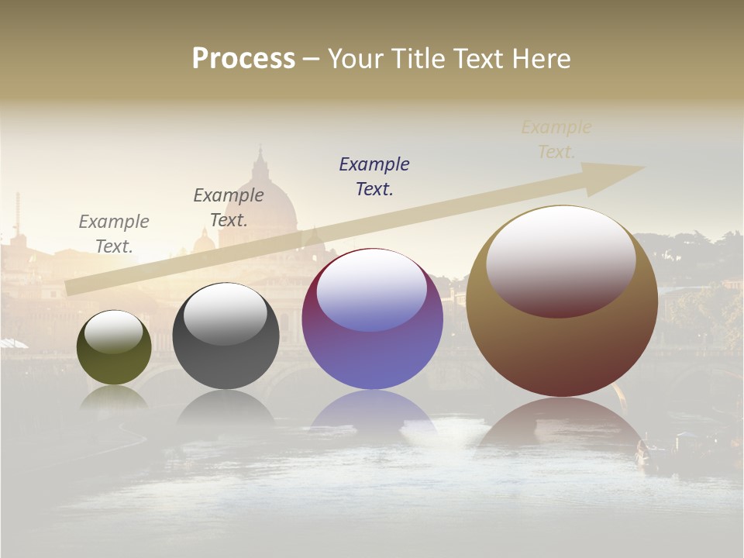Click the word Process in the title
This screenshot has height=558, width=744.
pos(243,59)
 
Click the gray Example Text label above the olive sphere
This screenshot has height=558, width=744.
pos(114,233)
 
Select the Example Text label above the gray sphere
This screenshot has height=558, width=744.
pos(229,207)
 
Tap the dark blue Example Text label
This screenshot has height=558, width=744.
pos(374,176)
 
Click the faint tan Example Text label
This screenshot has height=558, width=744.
pos(556,139)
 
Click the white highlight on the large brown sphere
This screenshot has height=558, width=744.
pos(561,260)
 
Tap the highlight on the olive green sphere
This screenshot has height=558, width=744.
pos(113,332)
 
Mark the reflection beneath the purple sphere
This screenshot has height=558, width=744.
pos(373,411)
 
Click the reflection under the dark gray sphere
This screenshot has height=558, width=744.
pos(226,407)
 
